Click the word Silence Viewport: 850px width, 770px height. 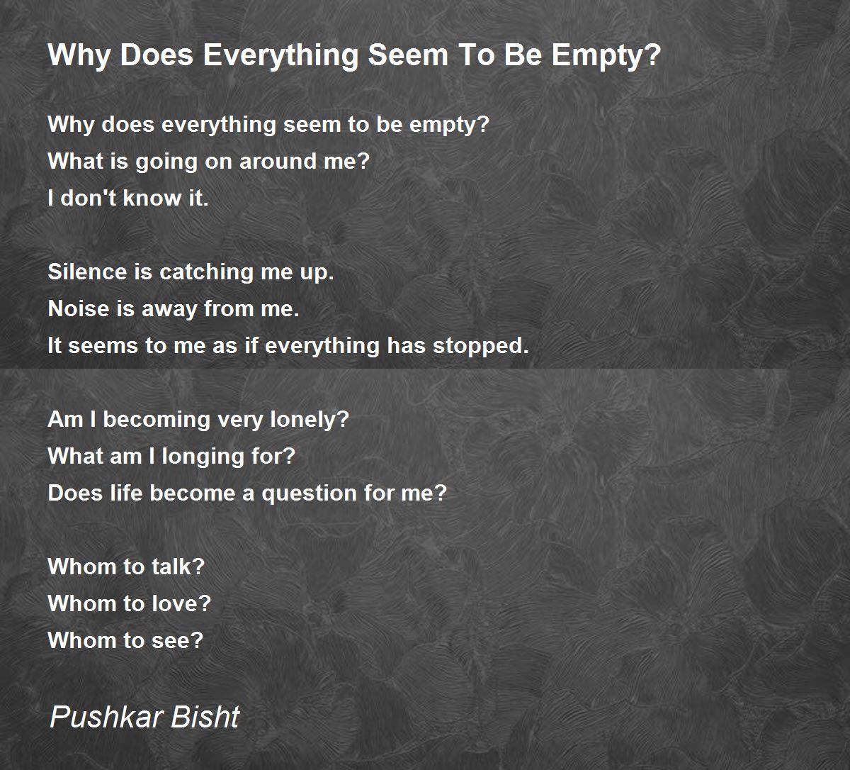pos(87,272)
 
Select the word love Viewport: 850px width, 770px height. pos(181,603)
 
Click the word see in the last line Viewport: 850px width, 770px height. pos(178,641)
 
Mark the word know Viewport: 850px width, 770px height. pos(152,198)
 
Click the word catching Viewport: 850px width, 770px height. pos(206,273)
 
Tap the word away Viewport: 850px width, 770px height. pos(169,310)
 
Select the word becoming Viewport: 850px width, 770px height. pos(157,420)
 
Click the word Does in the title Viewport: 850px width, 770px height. pos(157,55)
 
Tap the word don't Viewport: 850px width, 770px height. pos(88,198)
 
